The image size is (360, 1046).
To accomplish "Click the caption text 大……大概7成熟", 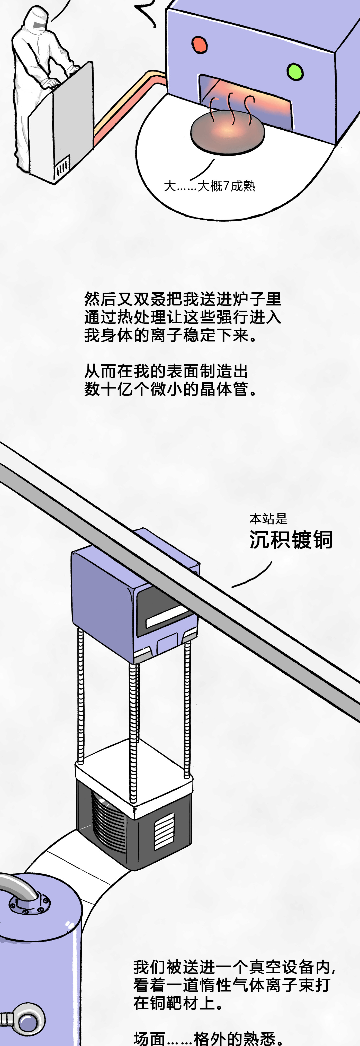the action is pyautogui.click(x=209, y=186).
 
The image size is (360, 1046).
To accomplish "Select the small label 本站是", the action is pyautogui.click(x=268, y=519).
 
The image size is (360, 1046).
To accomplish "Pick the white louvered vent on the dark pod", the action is pyautogui.click(x=164, y=831).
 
